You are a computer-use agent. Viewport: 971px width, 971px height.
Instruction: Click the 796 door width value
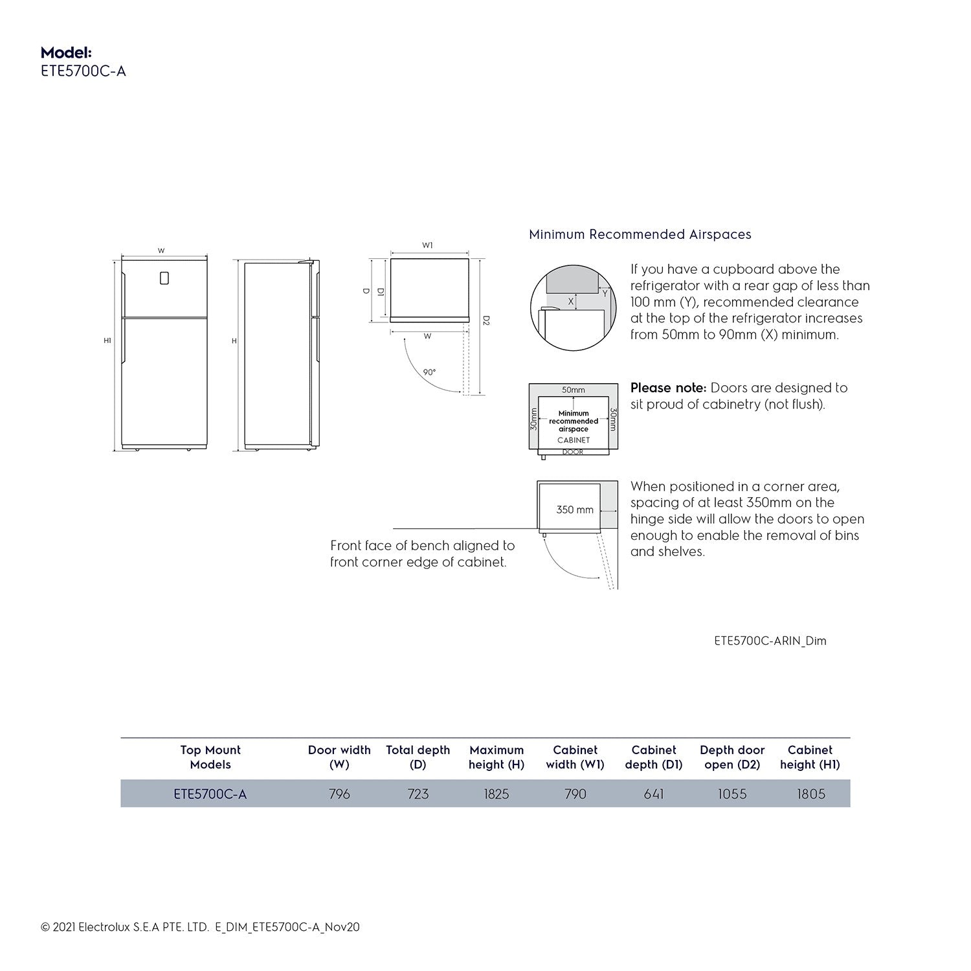tap(339, 794)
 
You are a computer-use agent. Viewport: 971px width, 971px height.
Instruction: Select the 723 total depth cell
tap(418, 794)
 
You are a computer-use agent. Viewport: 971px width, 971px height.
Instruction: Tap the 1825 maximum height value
tap(497, 794)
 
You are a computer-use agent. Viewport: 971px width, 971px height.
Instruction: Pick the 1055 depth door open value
tap(732, 794)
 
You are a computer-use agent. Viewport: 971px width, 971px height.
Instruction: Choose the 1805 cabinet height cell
tap(810, 794)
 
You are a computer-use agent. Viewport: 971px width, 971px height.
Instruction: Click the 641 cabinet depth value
tap(654, 794)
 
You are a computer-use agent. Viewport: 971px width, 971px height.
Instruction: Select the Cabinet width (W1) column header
tap(575, 757)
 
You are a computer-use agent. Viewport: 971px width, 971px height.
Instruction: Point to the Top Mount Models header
tap(210, 757)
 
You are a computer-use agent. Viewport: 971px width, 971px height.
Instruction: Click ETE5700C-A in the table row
tap(210, 794)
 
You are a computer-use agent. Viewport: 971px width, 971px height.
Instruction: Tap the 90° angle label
tap(429, 372)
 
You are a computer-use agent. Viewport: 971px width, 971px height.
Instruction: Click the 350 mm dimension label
tap(575, 510)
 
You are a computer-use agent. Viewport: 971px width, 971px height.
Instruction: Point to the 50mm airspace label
tap(573, 390)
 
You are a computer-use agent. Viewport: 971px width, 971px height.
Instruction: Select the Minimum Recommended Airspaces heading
tap(640, 234)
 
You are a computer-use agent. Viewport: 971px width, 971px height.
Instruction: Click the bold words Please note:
tap(668, 388)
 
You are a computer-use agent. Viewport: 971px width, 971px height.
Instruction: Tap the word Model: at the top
tap(66, 52)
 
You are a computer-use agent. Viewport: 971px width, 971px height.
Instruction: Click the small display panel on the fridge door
tap(164, 278)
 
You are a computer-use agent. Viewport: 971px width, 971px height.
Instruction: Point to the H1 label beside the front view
tap(107, 340)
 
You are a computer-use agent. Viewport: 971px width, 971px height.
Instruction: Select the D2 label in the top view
tap(486, 320)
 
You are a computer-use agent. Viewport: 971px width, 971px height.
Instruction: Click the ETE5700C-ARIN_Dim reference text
tap(770, 641)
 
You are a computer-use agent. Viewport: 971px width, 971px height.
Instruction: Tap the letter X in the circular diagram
tap(571, 302)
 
